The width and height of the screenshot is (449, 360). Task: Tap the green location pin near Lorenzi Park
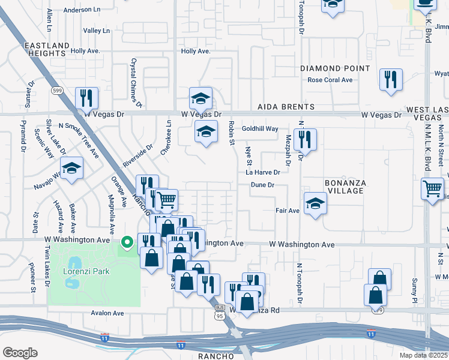tap(127, 243)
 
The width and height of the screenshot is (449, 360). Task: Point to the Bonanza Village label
tap(345, 186)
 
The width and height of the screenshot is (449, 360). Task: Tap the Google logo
tap(20, 353)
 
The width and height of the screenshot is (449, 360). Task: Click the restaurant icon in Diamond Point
tap(391, 80)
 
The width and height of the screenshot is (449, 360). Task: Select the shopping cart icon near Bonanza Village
tap(433, 190)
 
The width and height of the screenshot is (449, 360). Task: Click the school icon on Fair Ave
tap(315, 204)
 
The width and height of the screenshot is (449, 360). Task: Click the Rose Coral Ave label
tap(330, 80)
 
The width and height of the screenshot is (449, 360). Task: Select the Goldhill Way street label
tap(260, 129)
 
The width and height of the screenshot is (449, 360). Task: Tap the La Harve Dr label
tap(263, 172)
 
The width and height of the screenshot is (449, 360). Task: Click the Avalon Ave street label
tap(107, 313)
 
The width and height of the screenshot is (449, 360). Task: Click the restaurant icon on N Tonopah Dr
tap(305, 140)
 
